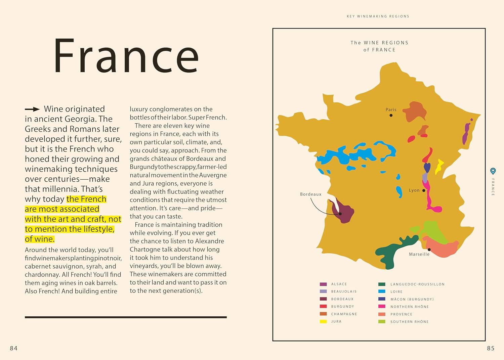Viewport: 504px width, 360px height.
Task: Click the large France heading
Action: pyautogui.click(x=126, y=56)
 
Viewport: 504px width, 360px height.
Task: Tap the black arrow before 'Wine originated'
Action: pyautogui.click(x=32, y=109)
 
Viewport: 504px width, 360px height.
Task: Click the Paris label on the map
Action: pyautogui.click(x=391, y=109)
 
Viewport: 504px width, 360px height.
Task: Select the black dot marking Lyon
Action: pyautogui.click(x=424, y=190)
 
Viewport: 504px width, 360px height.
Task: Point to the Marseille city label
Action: pyautogui.click(x=419, y=254)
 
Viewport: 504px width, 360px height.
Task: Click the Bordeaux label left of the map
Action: pyautogui.click(x=310, y=194)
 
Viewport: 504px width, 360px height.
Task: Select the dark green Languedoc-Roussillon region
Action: pyautogui.click(x=390, y=254)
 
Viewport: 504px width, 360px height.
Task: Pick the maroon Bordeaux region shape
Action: pyautogui.click(x=343, y=212)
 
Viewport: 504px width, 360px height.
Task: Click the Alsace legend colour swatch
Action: pyautogui.click(x=323, y=284)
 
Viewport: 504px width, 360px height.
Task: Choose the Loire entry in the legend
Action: pyautogui.click(x=396, y=291)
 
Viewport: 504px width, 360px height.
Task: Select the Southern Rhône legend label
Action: pyautogui.click(x=409, y=322)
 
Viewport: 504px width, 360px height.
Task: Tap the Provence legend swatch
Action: pyautogui.click(x=382, y=314)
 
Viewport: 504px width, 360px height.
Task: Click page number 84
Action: pyautogui.click(x=14, y=348)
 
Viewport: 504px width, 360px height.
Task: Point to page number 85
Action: pyautogui.click(x=491, y=348)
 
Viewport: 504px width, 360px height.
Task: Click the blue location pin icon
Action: pyautogui.click(x=493, y=171)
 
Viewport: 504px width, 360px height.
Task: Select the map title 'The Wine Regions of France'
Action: pyautogui.click(x=379, y=46)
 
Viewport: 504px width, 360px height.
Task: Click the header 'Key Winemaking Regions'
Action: pyautogui.click(x=378, y=16)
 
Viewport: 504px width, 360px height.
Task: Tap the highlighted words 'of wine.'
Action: pyautogui.click(x=40, y=239)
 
